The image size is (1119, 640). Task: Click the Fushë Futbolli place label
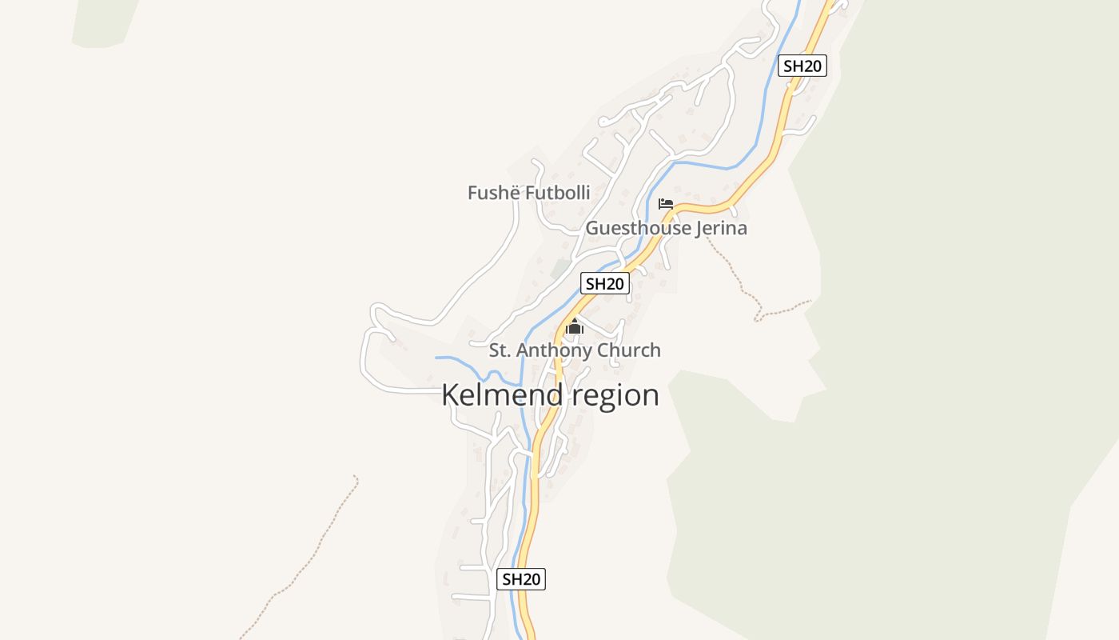528,193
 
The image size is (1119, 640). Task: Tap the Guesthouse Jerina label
666,228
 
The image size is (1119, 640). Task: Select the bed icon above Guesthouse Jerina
666,204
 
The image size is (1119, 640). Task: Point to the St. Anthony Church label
575,350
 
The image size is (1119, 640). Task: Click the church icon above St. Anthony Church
575,326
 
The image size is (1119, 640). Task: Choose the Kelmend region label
550,395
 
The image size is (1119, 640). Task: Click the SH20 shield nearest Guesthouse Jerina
605,283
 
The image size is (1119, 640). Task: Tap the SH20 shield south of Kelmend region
521,579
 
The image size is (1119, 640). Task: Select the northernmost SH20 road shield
802,66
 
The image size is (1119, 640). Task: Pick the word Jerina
721,228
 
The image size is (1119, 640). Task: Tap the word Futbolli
559,193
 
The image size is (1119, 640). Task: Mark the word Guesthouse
638,228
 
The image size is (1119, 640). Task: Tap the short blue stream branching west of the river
460,358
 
